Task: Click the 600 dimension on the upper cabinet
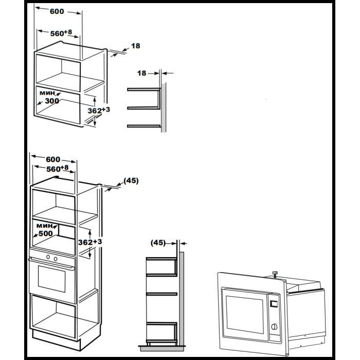point(57,12)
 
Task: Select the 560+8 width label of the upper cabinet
point(61,33)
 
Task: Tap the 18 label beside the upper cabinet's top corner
point(136,46)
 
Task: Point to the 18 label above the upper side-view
point(142,73)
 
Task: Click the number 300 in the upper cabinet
point(51,101)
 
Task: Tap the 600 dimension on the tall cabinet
point(52,159)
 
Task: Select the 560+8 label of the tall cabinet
point(57,169)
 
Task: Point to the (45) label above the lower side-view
point(158,243)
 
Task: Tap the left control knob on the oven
point(48,257)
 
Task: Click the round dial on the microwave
point(275,326)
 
